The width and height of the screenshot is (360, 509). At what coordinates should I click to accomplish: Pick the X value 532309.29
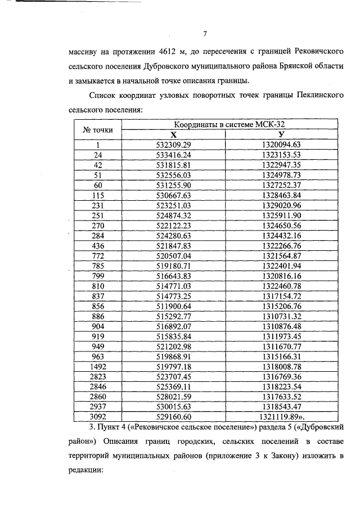click(173, 145)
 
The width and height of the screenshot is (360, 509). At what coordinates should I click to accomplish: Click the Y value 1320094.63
click(281, 145)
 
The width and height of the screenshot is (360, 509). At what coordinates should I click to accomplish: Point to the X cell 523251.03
click(173, 205)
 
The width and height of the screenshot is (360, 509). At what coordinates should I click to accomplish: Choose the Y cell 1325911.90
click(281, 215)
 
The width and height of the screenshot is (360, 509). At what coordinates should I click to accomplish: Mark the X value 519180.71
click(173, 266)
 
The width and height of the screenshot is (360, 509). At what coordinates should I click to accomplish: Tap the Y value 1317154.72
click(281, 296)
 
